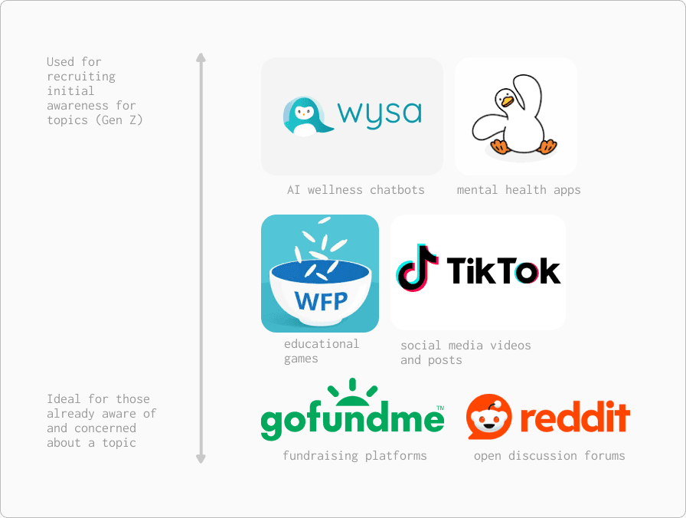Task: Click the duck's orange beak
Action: pos(505,100)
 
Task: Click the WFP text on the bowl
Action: pos(321,298)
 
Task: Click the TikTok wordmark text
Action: pos(503,270)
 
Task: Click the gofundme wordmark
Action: pos(352,421)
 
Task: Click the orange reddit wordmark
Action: pos(575,418)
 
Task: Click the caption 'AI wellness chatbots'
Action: pos(355,190)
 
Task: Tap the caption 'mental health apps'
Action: pos(518,190)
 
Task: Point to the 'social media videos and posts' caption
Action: pos(465,352)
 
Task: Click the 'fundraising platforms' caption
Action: pos(354,456)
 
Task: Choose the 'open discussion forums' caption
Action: pos(549,456)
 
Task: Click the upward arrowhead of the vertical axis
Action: pos(201,57)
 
